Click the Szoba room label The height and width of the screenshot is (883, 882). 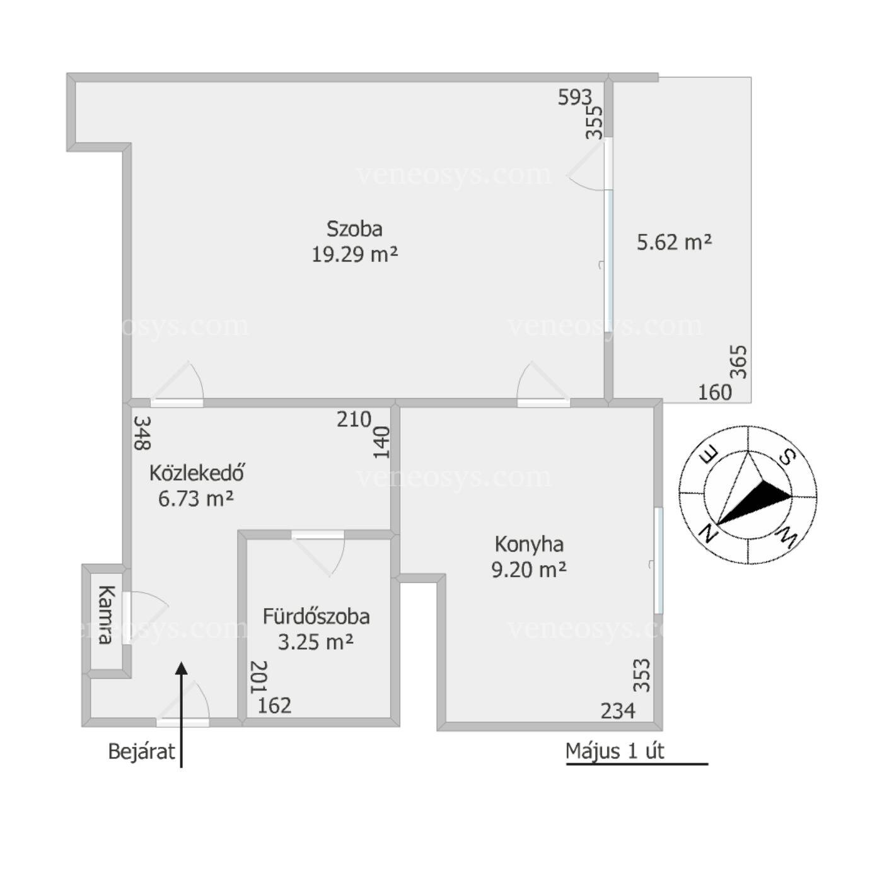[354, 229]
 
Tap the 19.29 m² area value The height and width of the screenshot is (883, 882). [355, 254]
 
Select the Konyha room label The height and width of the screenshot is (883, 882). [529, 545]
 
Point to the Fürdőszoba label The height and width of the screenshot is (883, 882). [316, 617]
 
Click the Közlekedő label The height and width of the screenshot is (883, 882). [197, 473]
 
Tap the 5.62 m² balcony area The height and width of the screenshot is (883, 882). [675, 242]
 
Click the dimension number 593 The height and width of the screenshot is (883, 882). [575, 97]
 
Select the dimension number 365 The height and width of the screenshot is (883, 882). [738, 362]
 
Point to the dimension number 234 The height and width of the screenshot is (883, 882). [618, 711]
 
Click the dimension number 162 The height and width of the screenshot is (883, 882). [274, 706]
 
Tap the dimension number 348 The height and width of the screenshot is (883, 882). [142, 433]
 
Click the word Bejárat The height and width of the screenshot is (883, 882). [142, 751]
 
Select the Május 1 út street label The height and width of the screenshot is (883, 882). [615, 751]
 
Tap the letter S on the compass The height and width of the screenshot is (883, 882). [787, 456]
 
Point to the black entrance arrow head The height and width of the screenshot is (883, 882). [182, 669]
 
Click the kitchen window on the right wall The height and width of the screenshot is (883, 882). [658, 560]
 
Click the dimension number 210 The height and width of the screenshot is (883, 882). [354, 419]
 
